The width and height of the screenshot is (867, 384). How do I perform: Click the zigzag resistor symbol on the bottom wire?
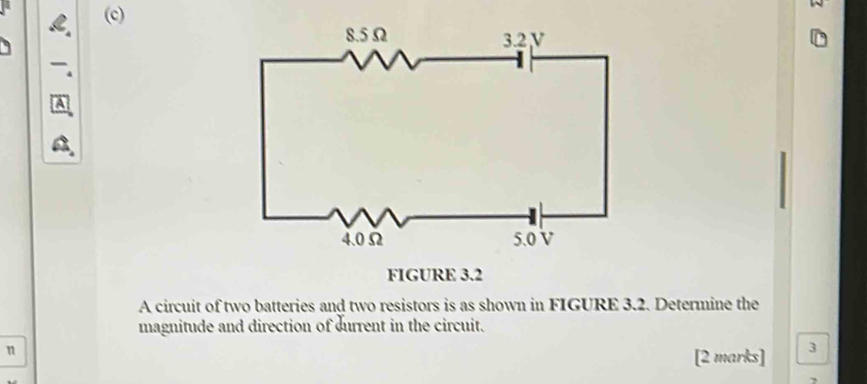tap(371, 218)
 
